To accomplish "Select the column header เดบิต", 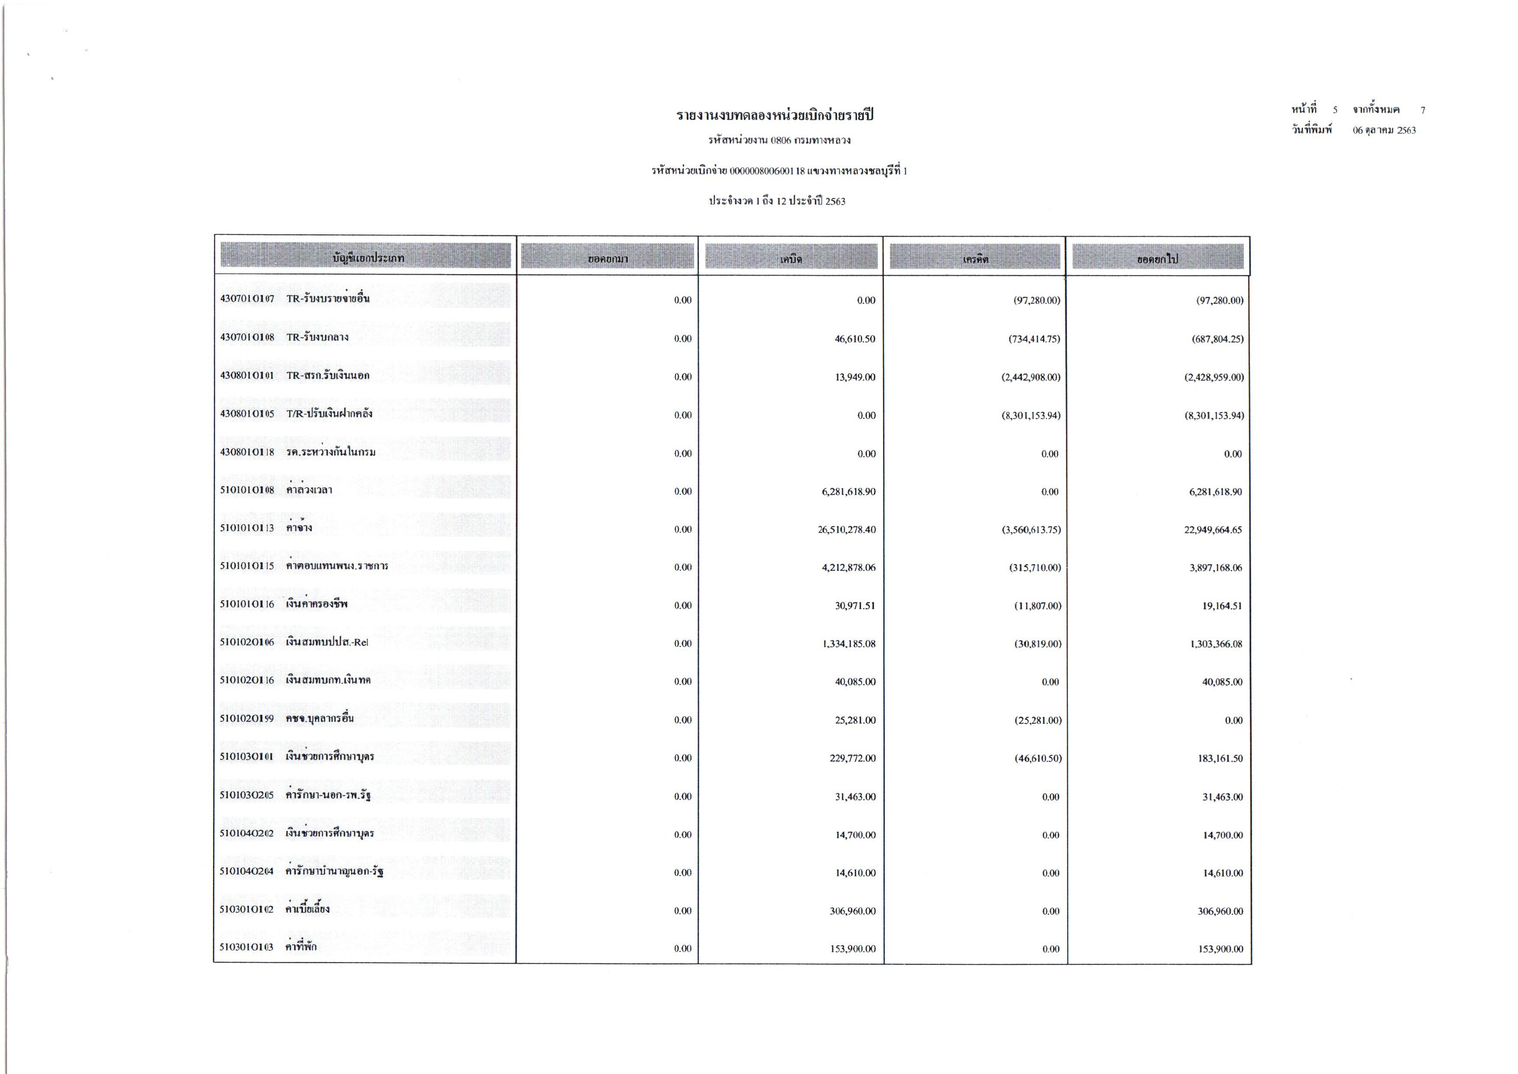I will point(791,259).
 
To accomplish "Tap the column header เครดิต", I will point(975,259).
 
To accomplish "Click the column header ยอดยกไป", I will point(1157,259).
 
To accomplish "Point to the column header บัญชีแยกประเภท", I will point(368,258).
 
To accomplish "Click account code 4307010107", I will point(247,299).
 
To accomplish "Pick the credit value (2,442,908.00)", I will point(1031,377).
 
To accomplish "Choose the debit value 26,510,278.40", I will point(846,530).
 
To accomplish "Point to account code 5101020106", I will point(247,643).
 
